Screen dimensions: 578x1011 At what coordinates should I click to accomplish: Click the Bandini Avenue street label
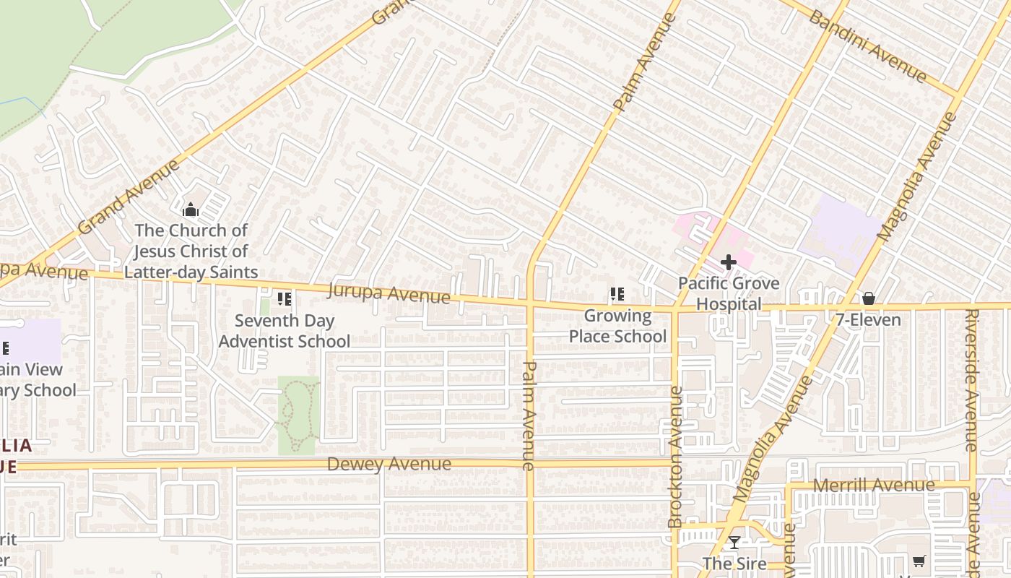pos(867,46)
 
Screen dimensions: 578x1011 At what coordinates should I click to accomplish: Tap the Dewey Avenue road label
pos(389,464)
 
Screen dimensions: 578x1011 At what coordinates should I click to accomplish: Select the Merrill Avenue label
pos(874,485)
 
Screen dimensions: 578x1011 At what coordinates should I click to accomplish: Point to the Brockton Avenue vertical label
pos(675,457)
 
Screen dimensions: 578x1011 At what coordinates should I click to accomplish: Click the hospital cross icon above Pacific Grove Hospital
pos(728,262)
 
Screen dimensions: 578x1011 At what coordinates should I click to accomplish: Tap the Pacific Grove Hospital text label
pos(728,293)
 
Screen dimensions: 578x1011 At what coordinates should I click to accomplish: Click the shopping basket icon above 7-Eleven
pos(868,298)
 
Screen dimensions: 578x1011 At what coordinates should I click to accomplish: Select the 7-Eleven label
pos(868,320)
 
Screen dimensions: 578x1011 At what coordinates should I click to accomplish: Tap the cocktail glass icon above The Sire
pos(734,543)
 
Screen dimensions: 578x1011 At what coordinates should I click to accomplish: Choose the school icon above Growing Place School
pos(617,294)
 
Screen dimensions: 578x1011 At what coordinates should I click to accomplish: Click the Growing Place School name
pos(617,326)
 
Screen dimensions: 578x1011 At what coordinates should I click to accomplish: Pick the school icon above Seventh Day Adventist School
pos(285,298)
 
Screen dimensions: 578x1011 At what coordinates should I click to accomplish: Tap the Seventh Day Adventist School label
pos(285,330)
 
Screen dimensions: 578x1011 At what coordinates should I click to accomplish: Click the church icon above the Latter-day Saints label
pos(191,210)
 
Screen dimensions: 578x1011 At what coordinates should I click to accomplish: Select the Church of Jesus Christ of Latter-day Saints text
pos(191,251)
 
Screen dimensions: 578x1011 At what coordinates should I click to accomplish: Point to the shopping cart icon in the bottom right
pos(919,561)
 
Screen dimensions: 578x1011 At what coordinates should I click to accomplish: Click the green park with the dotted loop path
pos(298,415)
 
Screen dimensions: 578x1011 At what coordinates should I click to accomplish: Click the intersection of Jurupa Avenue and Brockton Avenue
pos(675,309)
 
